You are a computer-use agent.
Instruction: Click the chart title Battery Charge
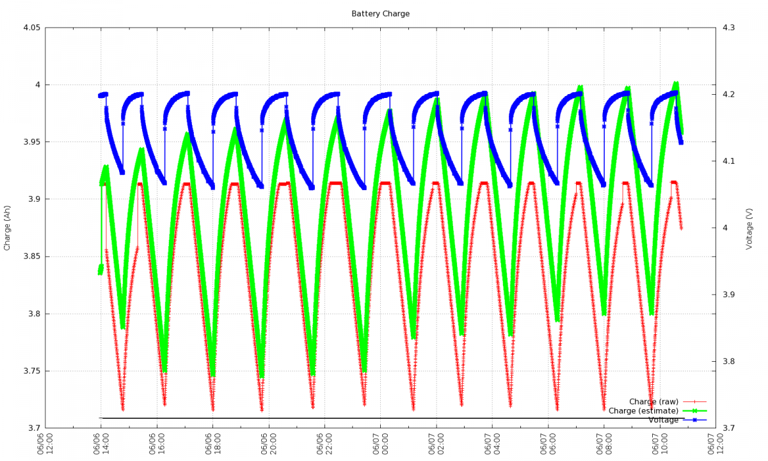[x=380, y=13]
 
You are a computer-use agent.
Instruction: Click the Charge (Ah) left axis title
[x=7, y=227]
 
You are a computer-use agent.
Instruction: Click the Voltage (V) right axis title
[x=749, y=227]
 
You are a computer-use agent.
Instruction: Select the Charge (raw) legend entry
[x=653, y=402]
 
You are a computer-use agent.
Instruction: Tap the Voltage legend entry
[x=663, y=420]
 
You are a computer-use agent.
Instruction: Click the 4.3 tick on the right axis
[x=728, y=28]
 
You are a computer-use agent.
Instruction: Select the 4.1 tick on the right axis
[x=728, y=161]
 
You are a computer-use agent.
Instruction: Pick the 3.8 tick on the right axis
[x=728, y=362]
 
